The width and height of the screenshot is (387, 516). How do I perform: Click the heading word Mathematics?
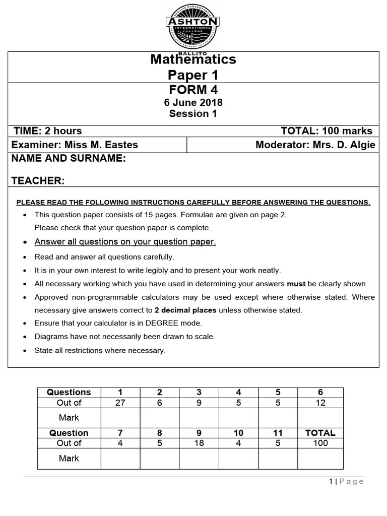[193, 59]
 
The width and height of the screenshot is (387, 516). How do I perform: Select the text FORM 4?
[193, 90]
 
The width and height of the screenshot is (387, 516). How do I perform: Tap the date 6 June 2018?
[193, 102]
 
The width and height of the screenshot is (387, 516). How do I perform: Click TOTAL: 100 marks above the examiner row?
[327, 131]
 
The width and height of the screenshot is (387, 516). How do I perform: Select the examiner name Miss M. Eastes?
[98, 145]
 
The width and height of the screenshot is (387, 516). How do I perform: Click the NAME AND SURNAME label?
[69, 159]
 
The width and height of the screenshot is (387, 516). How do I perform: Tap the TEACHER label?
[38, 180]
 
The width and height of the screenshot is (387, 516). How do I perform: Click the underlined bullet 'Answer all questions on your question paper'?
[125, 242]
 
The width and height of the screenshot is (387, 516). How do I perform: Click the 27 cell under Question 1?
[120, 403]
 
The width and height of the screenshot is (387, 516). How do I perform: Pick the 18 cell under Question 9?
[199, 443]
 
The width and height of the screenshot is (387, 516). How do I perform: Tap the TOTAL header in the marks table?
[320, 433]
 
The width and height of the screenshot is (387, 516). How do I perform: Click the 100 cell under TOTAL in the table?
[320, 443]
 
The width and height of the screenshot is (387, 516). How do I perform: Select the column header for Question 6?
[320, 392]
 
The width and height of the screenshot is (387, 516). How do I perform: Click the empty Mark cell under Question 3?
[199, 418]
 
